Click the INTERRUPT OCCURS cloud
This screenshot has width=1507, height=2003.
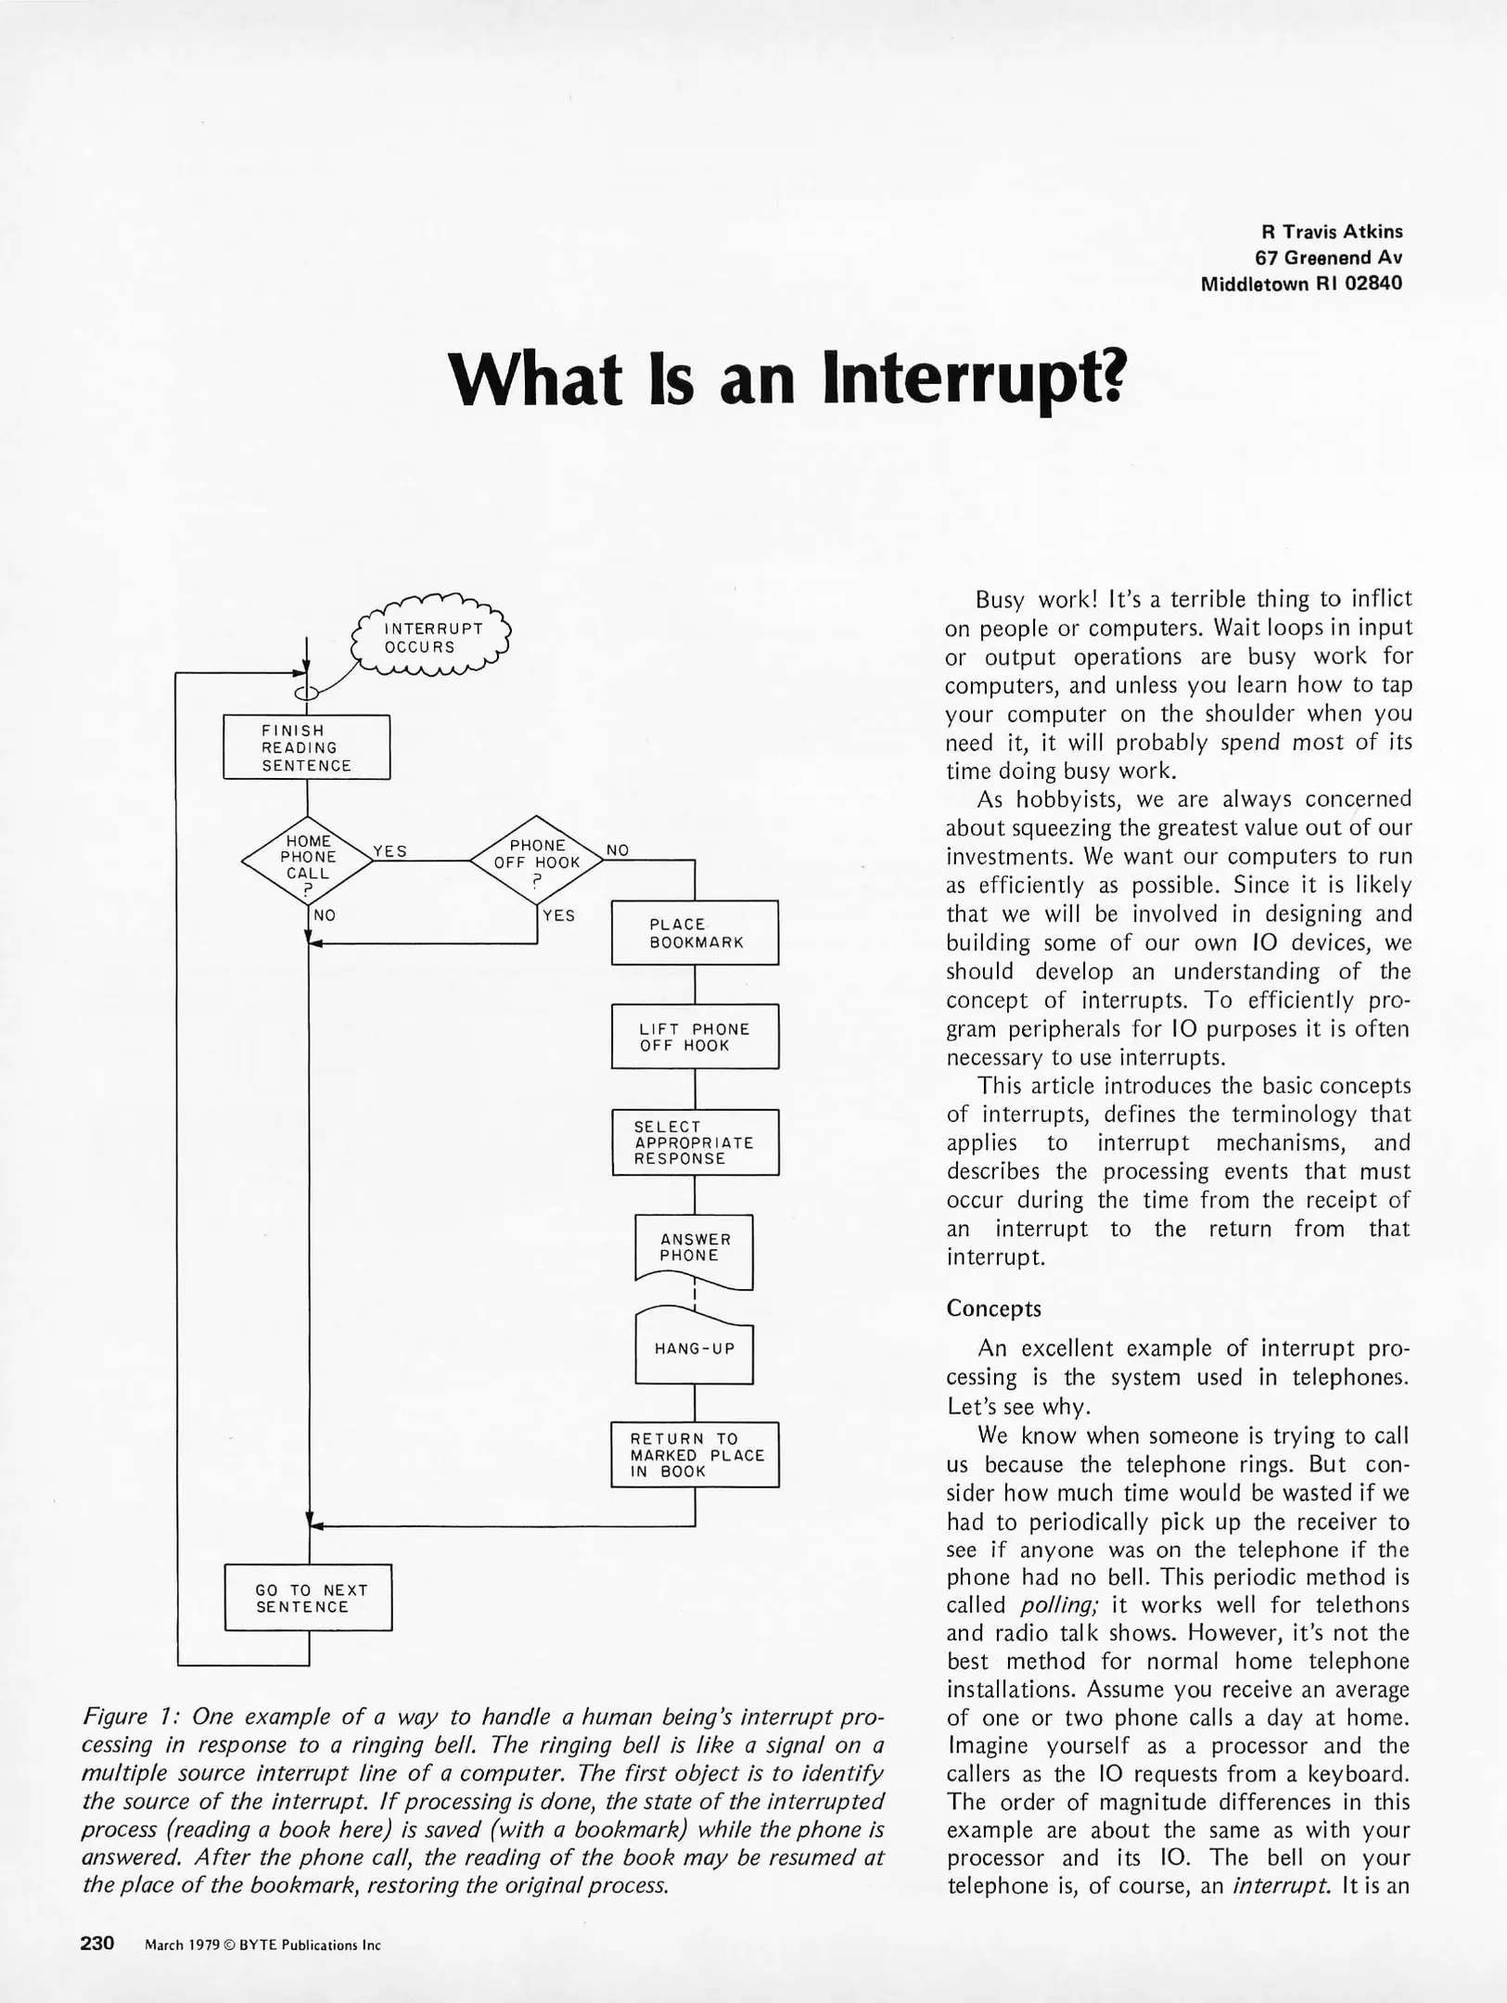pos(433,638)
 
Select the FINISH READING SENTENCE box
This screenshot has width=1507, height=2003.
pos(306,747)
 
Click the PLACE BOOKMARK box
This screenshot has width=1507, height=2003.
pos(695,933)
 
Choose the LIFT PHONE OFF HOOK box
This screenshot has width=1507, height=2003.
pos(695,1037)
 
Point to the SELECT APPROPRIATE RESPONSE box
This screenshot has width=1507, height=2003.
pos(695,1142)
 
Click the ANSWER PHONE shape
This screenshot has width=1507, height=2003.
pos(695,1249)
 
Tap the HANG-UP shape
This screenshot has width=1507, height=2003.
pos(695,1349)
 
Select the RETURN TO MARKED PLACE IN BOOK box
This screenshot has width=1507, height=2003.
pos(695,1455)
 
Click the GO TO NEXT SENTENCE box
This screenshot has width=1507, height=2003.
pos(308,1598)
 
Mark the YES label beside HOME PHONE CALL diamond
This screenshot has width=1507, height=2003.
pos(390,851)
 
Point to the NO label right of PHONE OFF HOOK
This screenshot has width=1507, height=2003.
pos(618,850)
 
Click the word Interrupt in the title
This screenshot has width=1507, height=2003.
pos(974,381)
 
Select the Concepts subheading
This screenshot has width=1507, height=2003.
pos(993,1308)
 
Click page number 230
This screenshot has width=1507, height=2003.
pos(97,1943)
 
